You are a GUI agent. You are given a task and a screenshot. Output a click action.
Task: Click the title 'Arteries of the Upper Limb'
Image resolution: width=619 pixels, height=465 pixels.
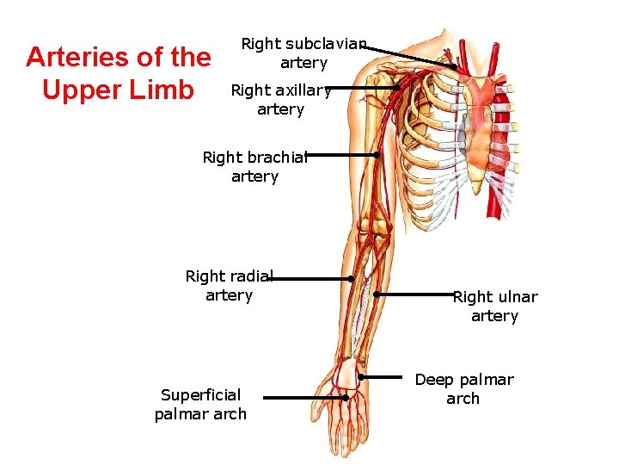coord(119,73)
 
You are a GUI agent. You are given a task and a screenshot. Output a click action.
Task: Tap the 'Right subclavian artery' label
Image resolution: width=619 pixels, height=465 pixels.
coord(303,53)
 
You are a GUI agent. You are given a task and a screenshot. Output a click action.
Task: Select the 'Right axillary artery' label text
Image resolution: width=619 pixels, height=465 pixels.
coord(281,99)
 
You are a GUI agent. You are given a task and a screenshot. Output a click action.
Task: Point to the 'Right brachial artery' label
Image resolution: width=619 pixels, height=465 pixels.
coord(254,167)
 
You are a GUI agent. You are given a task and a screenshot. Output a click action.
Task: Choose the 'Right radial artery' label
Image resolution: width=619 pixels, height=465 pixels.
coord(229,286)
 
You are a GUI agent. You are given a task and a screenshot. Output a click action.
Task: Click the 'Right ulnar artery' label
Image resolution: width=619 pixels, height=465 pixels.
coord(495,307)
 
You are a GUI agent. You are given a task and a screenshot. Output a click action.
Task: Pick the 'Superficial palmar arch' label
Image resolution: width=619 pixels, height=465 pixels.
coord(200,405)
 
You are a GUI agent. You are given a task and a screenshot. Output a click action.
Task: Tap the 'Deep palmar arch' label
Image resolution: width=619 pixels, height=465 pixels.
coord(463,389)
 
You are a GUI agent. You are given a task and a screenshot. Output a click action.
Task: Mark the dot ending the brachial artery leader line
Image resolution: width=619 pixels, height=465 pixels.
coord(377,155)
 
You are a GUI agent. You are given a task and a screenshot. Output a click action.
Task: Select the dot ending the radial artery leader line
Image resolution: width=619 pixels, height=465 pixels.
coord(351,279)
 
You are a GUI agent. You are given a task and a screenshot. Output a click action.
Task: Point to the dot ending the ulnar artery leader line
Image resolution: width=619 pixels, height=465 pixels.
coord(376,294)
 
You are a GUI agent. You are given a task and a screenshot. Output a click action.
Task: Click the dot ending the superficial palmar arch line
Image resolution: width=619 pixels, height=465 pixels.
coord(345,398)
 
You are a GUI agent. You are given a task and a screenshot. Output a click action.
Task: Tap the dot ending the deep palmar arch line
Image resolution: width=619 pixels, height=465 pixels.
coord(361,377)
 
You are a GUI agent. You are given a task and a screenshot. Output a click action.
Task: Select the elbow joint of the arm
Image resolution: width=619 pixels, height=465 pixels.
coord(376,228)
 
